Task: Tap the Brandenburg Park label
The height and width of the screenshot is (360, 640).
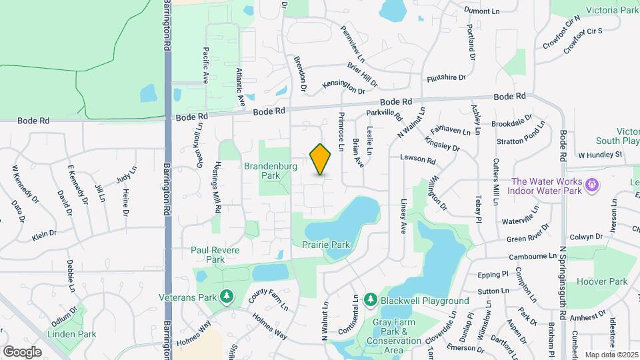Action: pos(271,171)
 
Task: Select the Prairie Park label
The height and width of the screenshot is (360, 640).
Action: pos(326,245)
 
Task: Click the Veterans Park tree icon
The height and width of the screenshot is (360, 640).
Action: pos(227,295)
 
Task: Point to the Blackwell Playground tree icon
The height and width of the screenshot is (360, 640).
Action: pos(370,301)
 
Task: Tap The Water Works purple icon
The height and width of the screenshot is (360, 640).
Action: pos(591,183)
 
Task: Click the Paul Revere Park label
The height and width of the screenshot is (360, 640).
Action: pos(206,255)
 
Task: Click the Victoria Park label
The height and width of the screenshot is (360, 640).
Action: pos(612,10)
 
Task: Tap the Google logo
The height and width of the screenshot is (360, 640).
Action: pos(21,351)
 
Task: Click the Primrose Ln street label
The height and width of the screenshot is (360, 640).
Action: pos(341,136)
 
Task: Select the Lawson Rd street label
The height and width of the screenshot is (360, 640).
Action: pos(417,160)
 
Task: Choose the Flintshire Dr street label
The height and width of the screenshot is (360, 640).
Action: pos(446,78)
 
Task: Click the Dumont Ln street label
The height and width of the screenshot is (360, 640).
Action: pos(481,11)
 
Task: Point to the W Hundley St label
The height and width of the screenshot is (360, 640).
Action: pos(600,155)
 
